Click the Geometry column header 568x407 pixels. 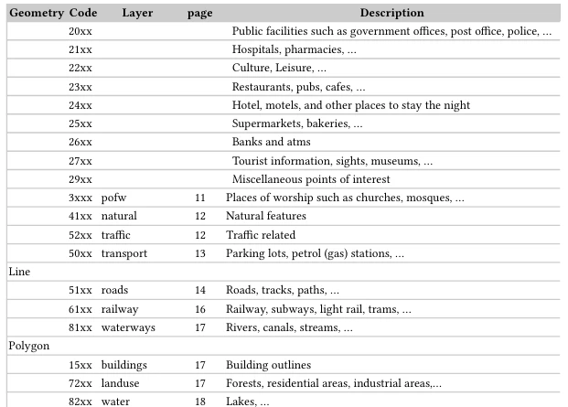click(36, 13)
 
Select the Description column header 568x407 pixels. click(391, 13)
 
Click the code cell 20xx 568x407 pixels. click(80, 32)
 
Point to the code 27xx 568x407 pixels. click(80, 161)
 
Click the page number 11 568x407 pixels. click(200, 198)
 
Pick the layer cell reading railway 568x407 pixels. click(120, 309)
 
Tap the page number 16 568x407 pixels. click(200, 309)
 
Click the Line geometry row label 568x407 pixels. click(19, 272)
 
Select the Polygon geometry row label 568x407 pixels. click(28, 347)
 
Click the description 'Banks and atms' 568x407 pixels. click(271, 142)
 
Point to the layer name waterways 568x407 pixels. click(128, 327)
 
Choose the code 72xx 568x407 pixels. click(80, 383)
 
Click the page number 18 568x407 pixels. click(200, 402)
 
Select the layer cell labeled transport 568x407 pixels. click(123, 253)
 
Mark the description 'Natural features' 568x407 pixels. click(265, 216)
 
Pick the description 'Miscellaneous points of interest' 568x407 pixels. click(311, 179)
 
